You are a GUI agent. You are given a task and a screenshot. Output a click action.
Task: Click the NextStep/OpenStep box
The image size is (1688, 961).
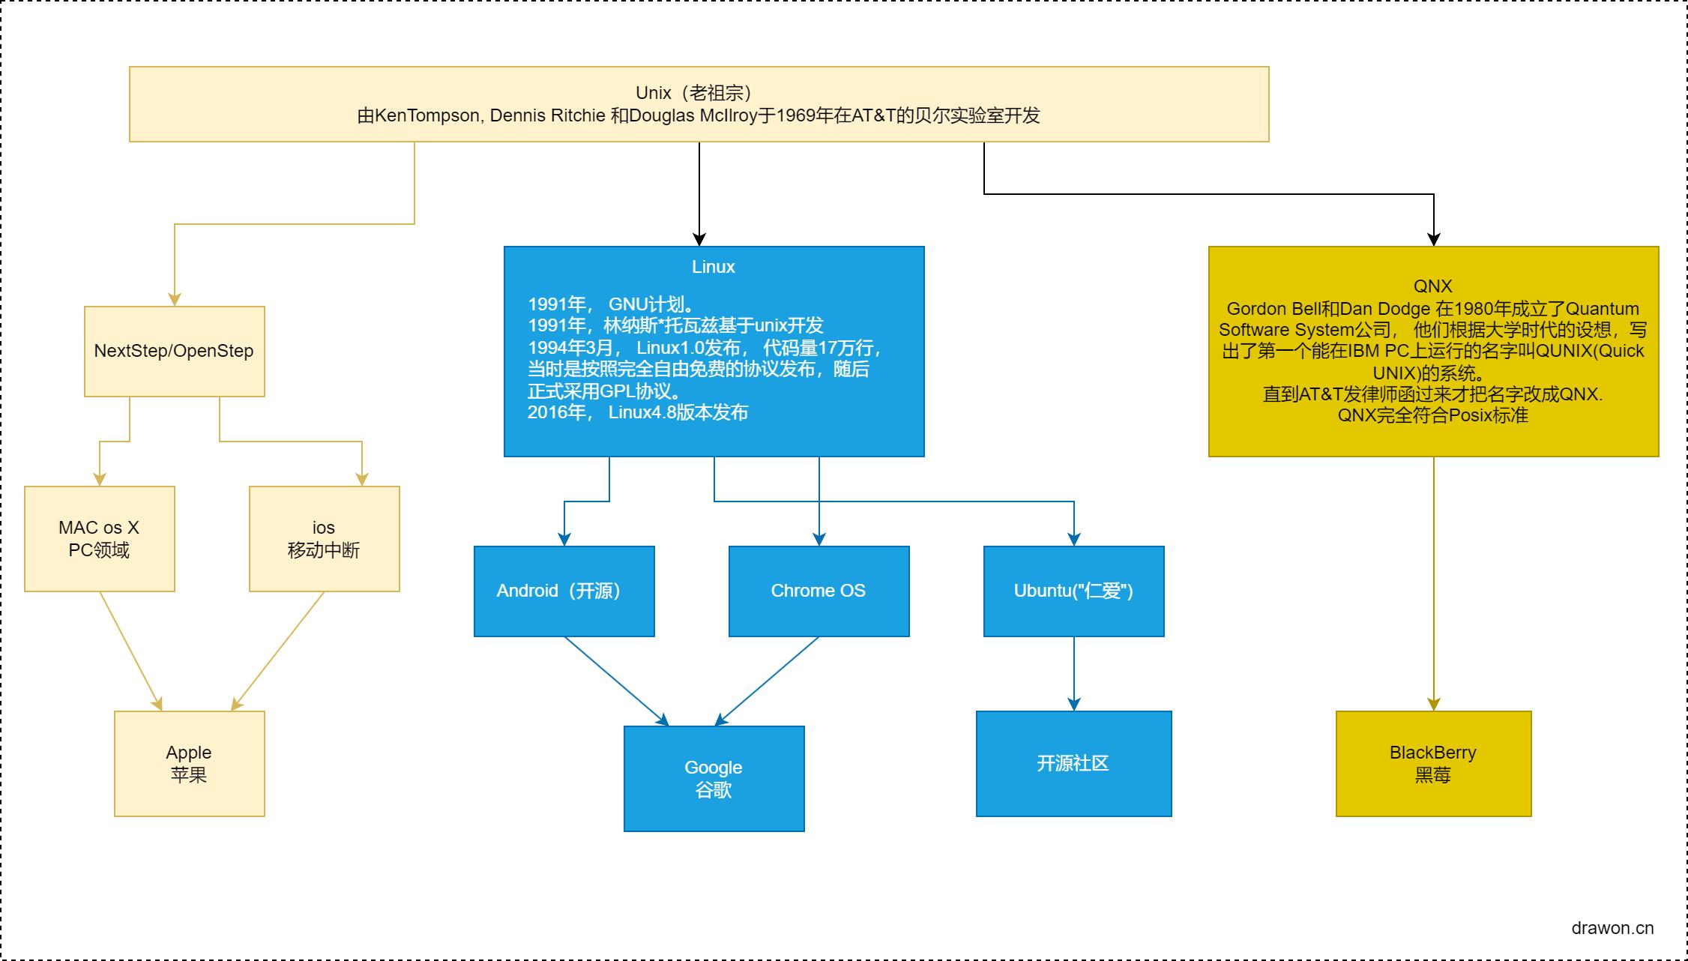click(174, 351)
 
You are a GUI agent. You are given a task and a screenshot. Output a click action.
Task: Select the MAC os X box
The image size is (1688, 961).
click(99, 538)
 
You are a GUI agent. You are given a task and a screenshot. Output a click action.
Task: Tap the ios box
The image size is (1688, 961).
click(324, 538)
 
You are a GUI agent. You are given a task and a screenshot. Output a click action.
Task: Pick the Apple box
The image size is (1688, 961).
click(189, 763)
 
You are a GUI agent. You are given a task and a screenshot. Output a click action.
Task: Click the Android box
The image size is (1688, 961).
click(564, 591)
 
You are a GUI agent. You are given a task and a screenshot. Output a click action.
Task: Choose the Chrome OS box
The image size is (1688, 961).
click(819, 591)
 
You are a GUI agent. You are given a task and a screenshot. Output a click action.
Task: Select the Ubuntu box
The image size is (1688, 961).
click(1073, 591)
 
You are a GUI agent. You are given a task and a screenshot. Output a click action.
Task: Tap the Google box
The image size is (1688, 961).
click(714, 778)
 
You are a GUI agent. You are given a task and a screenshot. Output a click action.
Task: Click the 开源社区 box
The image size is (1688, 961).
click(1073, 763)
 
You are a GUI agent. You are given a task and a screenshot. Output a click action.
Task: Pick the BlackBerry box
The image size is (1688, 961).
click(1433, 763)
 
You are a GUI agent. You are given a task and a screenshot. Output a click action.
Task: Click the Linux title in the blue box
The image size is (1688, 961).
click(713, 267)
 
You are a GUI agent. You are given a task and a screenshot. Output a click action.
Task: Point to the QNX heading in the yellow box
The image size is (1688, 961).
click(1432, 286)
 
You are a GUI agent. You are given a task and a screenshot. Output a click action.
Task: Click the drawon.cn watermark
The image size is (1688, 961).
click(1612, 928)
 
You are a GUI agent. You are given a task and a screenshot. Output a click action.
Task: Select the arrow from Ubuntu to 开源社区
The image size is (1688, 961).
click(1074, 673)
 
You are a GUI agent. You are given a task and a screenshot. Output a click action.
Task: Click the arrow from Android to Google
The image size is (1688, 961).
click(615, 681)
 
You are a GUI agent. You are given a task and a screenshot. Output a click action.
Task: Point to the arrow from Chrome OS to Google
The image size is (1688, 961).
click(768, 681)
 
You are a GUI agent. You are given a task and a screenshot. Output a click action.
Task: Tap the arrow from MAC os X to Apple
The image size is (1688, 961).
click(130, 651)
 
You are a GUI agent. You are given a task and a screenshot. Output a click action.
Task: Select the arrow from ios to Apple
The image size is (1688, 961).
click(279, 651)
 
